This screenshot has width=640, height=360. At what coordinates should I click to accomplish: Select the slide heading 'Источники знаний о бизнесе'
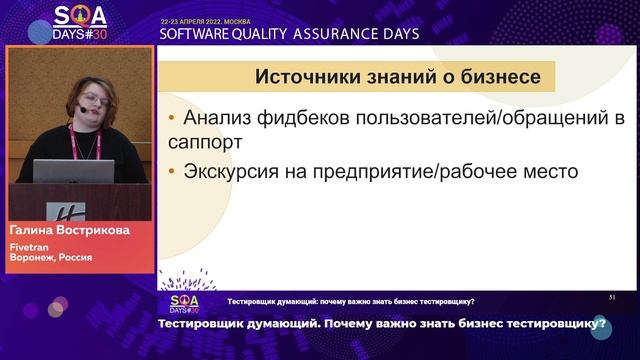398,76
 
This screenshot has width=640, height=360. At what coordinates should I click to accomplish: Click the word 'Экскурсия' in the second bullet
235,171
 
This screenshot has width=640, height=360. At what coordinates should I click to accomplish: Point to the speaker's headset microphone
79,110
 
